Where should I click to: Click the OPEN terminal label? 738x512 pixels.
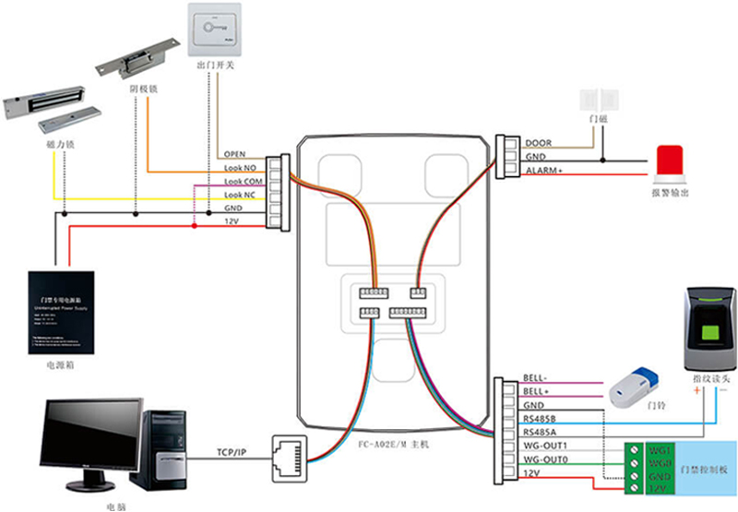[x=235, y=154]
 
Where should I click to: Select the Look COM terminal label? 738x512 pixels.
[x=243, y=182]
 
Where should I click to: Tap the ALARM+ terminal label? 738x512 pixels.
[x=544, y=172]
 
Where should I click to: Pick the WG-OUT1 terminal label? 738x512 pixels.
[x=545, y=447]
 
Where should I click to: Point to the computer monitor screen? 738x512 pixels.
[x=89, y=434]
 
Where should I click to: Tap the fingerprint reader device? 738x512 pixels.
[x=708, y=327]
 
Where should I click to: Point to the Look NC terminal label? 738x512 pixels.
[x=241, y=196]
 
